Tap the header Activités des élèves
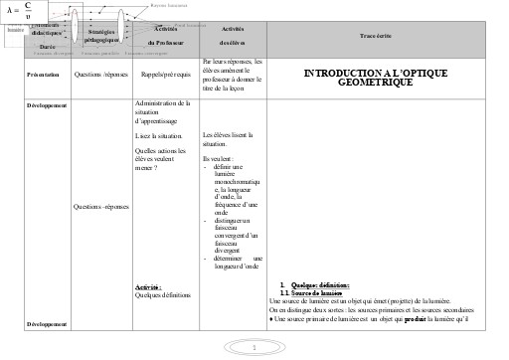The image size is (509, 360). point(232,36)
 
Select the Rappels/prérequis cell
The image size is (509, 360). point(165,74)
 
